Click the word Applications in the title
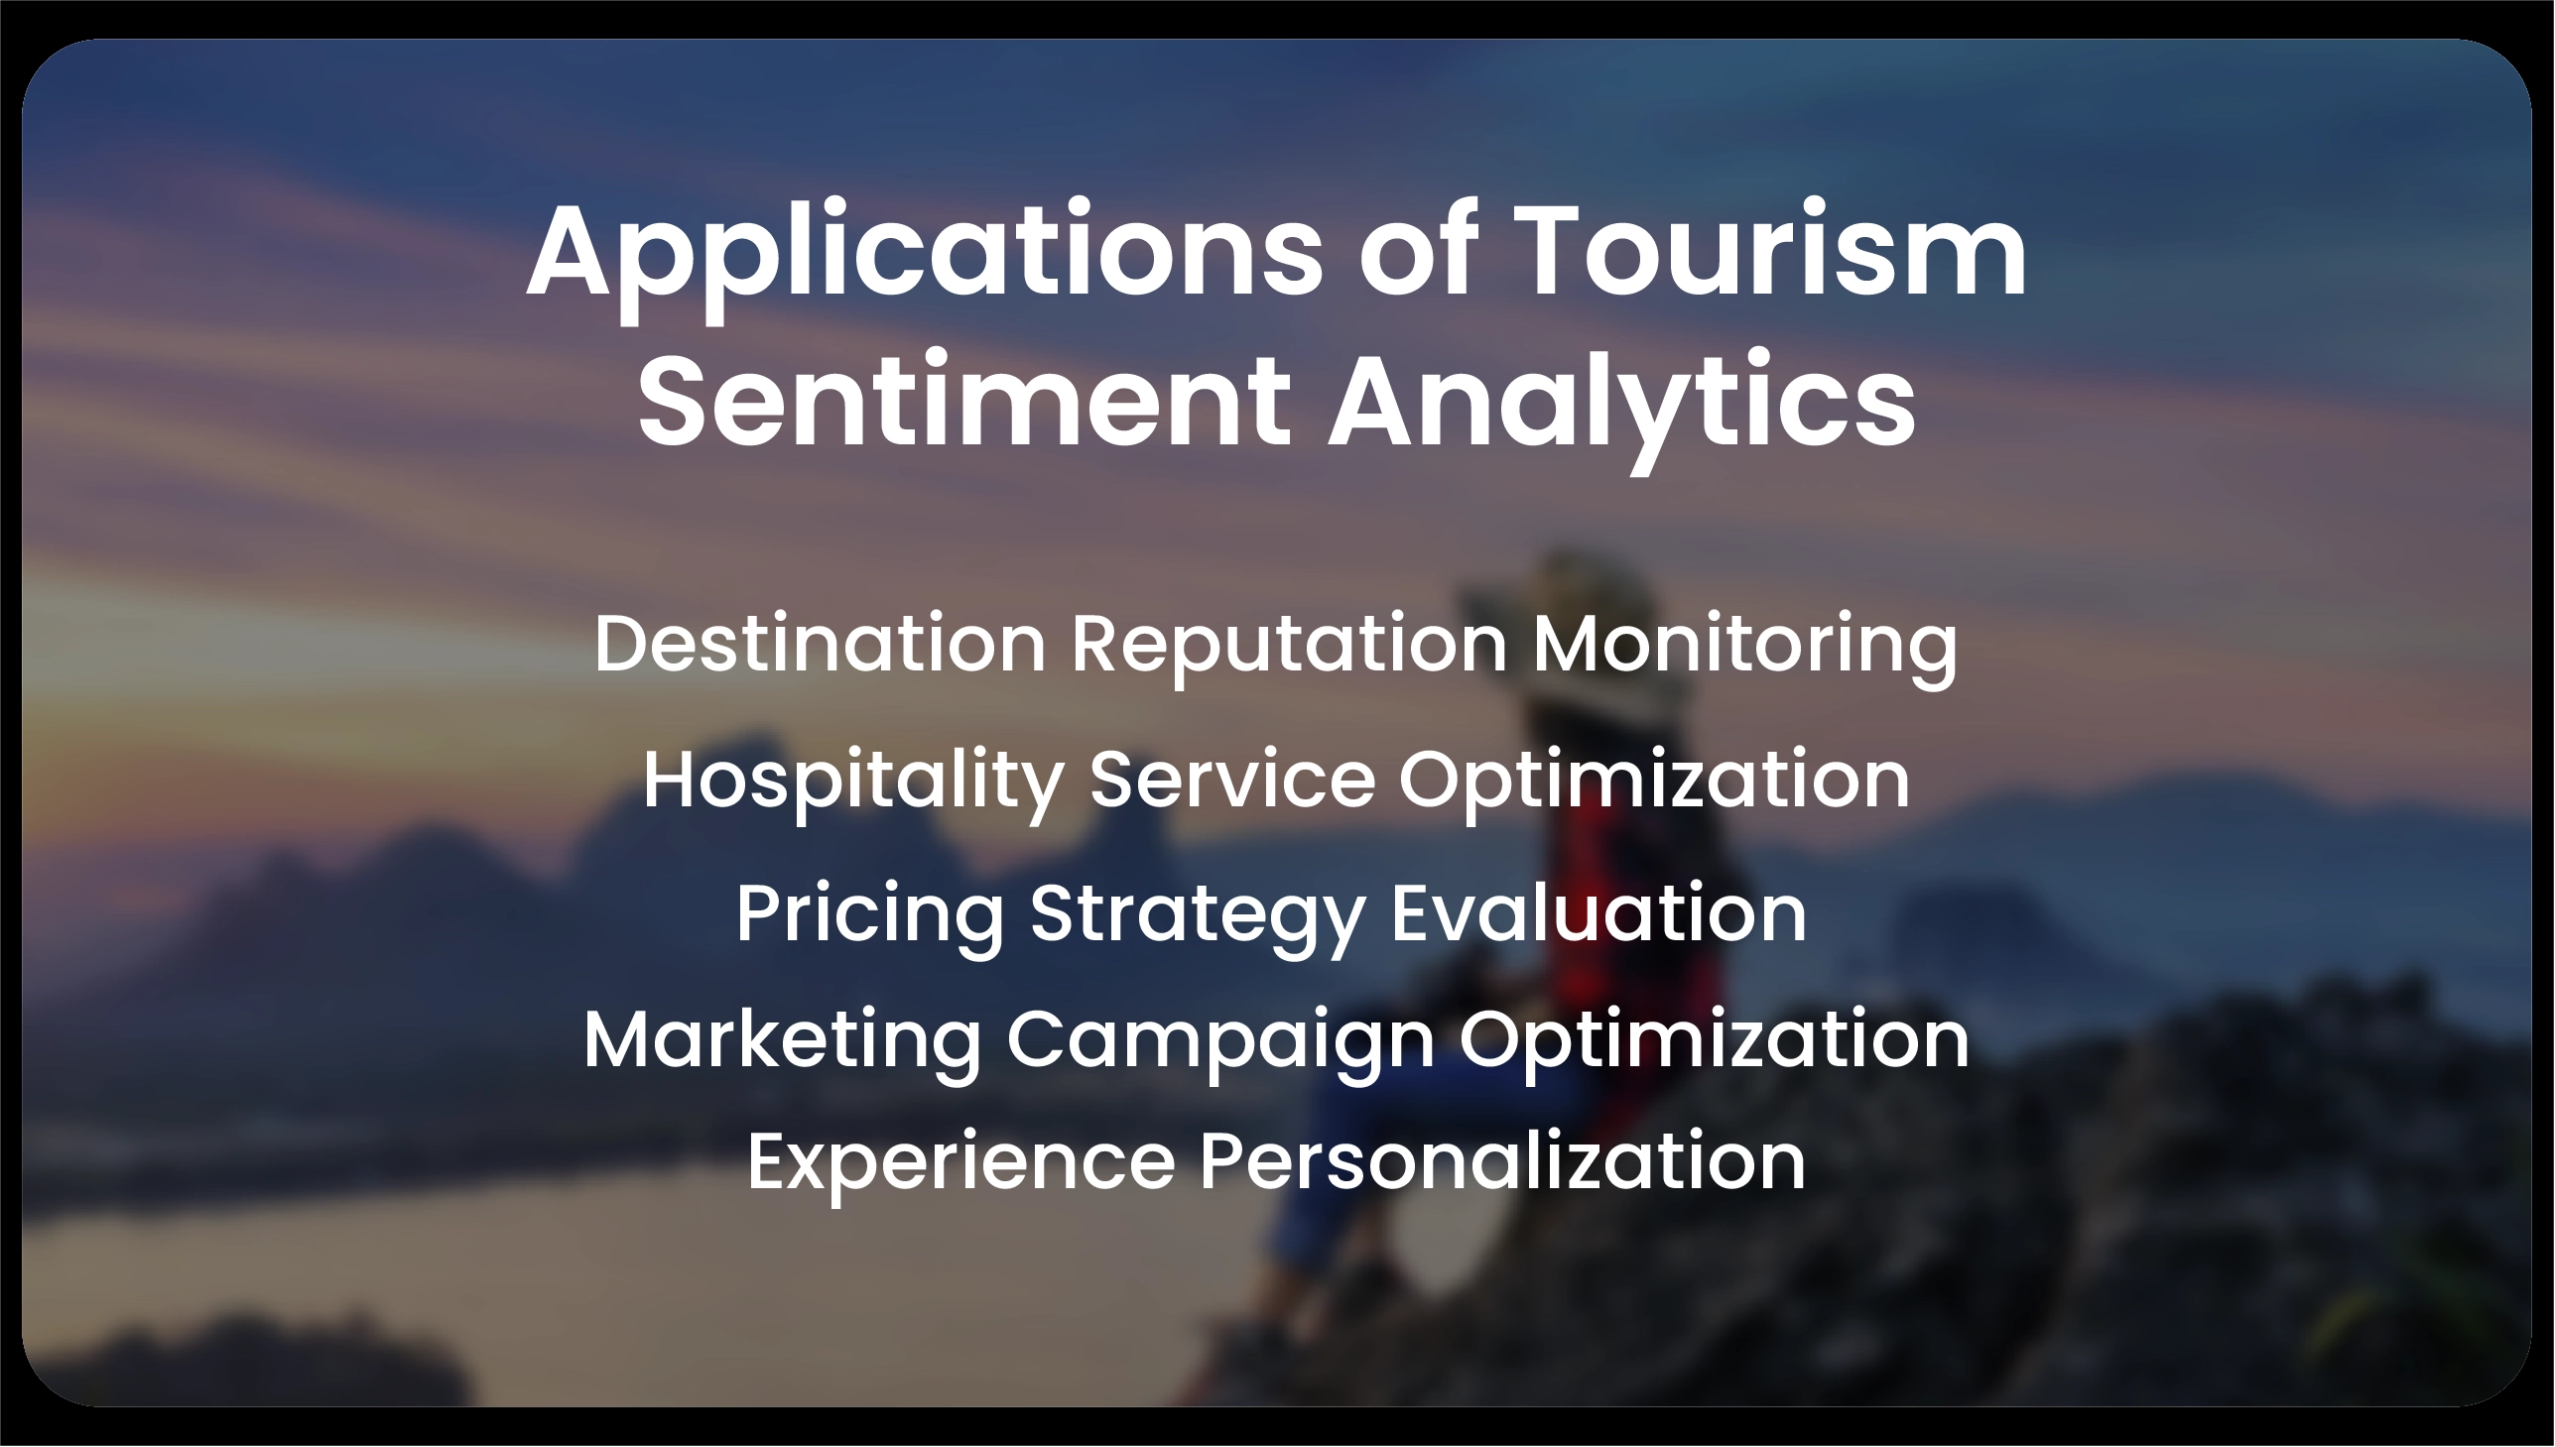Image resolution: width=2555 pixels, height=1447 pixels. tap(925, 254)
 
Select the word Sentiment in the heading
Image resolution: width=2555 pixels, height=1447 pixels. tap(963, 403)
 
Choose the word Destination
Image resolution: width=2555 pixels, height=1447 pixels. tap(821, 644)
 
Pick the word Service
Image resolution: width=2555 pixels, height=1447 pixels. tap(1231, 780)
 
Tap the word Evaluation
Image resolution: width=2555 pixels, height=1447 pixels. tap(1597, 912)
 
